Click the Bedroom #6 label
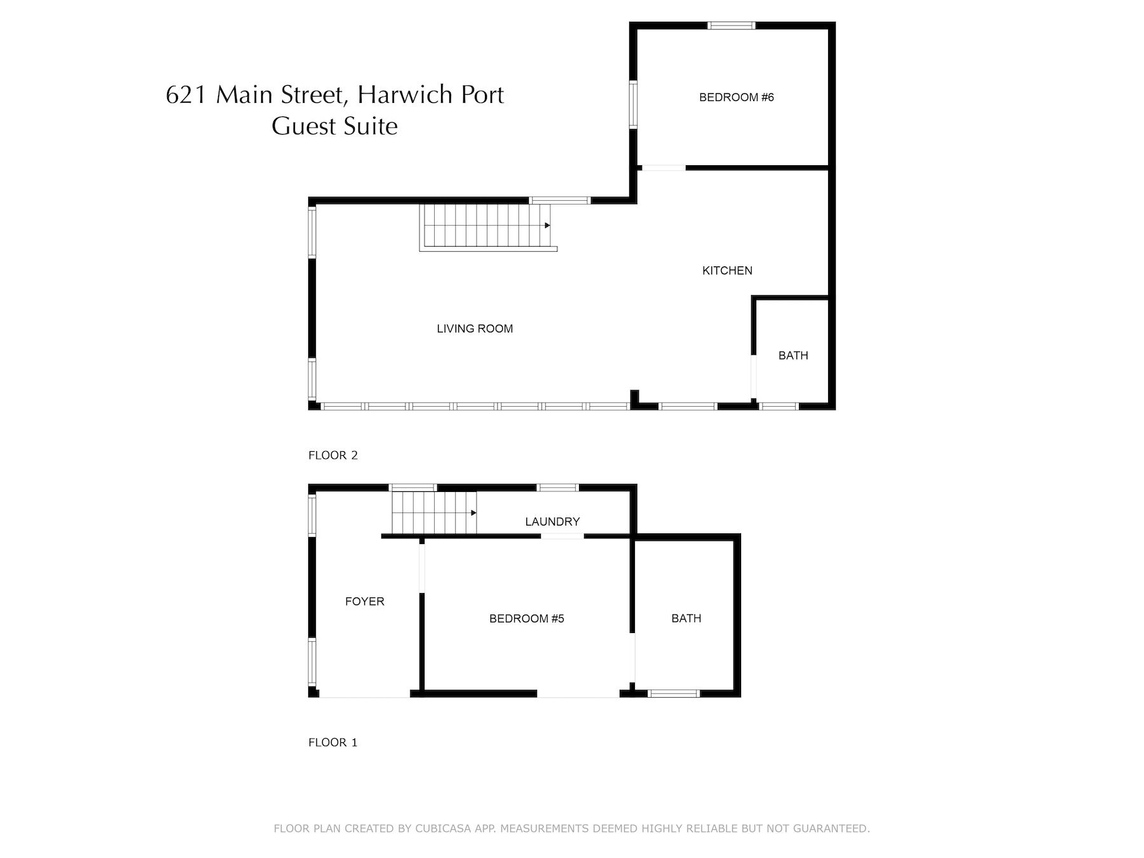click(x=736, y=97)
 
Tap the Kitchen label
click(x=727, y=271)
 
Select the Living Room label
click(x=475, y=329)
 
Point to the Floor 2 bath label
click(x=793, y=355)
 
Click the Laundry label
click(x=552, y=522)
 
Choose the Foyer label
click(x=365, y=601)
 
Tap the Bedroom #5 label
click(x=527, y=618)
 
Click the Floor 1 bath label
click(x=686, y=618)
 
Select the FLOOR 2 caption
click(x=333, y=455)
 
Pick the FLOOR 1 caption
click(x=333, y=742)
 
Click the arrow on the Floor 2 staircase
click(x=547, y=225)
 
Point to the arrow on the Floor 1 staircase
click(x=473, y=513)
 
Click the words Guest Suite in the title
click(x=335, y=126)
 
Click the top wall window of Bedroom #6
click(x=732, y=26)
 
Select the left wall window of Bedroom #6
click(x=633, y=104)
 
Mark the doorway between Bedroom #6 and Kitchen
click(x=662, y=168)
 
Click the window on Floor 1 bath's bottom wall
click(x=674, y=693)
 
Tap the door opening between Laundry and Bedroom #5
click(x=562, y=536)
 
